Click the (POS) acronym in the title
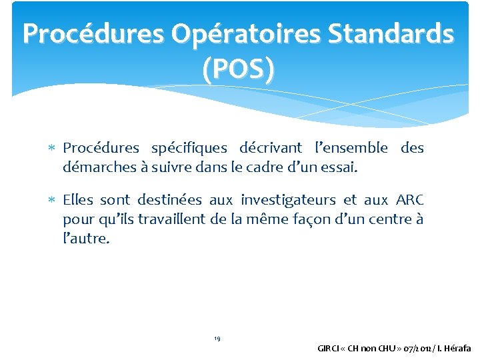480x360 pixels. pos(239,69)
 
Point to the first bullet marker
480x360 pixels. pos(55,148)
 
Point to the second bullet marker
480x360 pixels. pos(55,200)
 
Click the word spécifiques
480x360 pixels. pos(189,148)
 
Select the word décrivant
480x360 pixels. pos(270,148)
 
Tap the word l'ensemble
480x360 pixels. pos(351,148)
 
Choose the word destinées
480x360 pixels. pos(170,200)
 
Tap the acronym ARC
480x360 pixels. pos(409,200)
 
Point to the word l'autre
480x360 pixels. pos(85,239)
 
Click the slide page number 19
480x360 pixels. pos(217,339)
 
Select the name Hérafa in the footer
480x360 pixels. pos(456,348)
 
